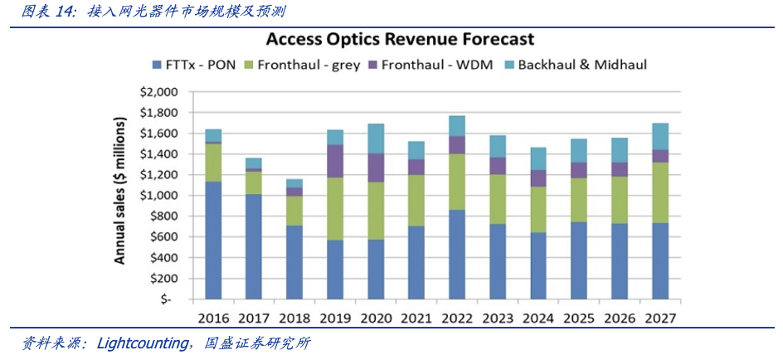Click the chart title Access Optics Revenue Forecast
point(399,40)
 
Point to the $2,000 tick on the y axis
point(159,92)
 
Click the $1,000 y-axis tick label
point(159,196)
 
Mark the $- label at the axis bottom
point(166,299)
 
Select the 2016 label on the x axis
point(213,319)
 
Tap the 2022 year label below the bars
point(458,319)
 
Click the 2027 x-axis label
point(661,319)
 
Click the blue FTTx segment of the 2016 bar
point(213,241)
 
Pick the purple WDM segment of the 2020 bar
point(376,168)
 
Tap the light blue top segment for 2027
point(661,136)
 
